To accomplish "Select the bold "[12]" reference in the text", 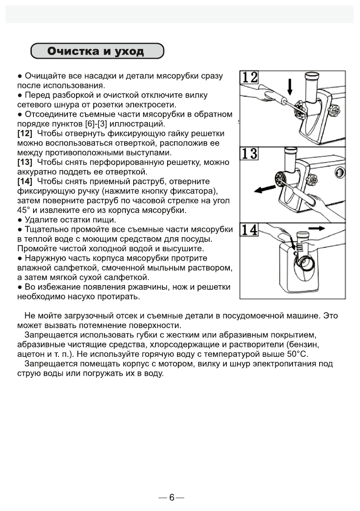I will click(25, 134).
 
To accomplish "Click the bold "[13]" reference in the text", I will click(25, 163).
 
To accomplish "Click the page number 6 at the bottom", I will click(171, 498).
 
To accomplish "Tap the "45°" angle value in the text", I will click(24, 210).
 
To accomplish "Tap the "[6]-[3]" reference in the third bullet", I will click(98, 124).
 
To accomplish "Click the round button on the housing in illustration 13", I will click(339, 173).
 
